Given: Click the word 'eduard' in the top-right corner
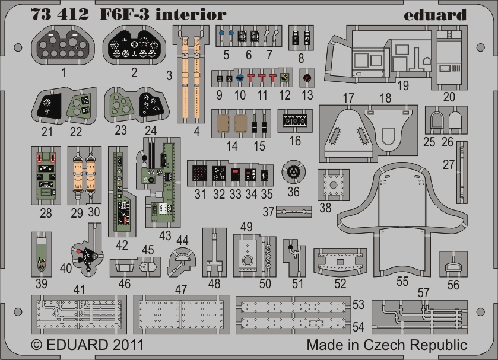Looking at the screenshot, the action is click(x=435, y=15).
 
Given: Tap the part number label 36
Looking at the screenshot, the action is click(x=293, y=192).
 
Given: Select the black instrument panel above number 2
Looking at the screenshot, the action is click(x=134, y=45).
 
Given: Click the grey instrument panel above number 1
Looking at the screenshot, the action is click(x=63, y=45).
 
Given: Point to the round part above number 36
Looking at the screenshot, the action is click(x=293, y=171).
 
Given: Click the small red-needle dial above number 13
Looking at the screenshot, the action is click(x=307, y=78).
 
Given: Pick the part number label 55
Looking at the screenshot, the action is click(x=402, y=281).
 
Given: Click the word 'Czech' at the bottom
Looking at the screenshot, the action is click(x=385, y=345).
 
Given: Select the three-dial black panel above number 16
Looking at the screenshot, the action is click(x=295, y=120).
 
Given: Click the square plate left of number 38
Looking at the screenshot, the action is click(x=333, y=185).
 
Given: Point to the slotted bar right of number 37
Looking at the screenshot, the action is click(x=294, y=211).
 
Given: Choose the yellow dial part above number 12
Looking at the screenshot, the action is click(x=284, y=78).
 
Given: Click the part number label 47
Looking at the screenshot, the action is click(x=180, y=289).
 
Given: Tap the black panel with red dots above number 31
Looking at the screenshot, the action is click(x=200, y=173).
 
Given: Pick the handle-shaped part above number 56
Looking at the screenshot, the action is click(x=453, y=266).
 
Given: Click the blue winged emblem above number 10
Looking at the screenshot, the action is click(x=240, y=78).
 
